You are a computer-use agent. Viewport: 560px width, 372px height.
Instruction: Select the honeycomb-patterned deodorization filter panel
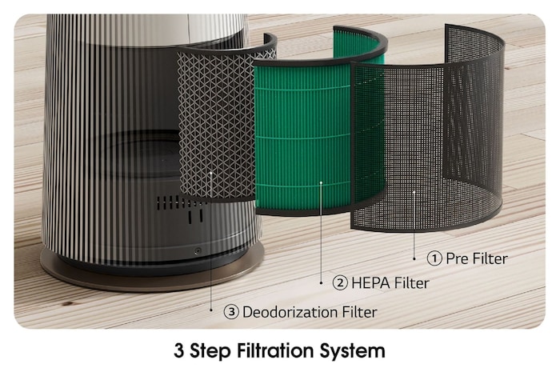(216, 120)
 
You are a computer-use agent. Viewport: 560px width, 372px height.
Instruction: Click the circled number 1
(434, 258)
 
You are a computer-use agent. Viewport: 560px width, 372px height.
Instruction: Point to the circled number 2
(340, 283)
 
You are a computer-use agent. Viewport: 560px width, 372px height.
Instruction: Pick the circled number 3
(232, 311)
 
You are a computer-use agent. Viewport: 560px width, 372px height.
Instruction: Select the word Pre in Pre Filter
(458, 258)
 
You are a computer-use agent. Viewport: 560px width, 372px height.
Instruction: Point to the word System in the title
(359, 350)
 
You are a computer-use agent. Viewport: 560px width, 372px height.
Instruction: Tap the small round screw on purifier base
(198, 251)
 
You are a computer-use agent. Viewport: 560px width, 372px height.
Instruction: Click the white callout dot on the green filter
(321, 182)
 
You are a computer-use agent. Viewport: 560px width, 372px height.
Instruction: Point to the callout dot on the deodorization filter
(210, 170)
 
